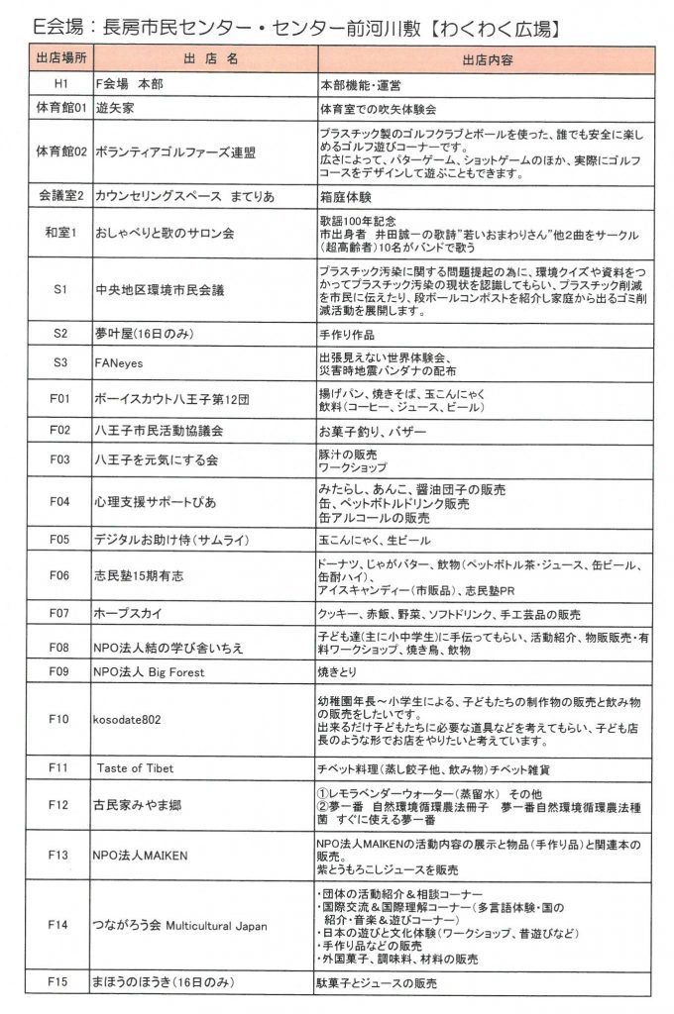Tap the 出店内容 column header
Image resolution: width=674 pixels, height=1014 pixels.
point(487,58)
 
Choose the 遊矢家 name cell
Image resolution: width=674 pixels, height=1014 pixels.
point(113,106)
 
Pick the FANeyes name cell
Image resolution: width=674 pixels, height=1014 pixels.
point(119,362)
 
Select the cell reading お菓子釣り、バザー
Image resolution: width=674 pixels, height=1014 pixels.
point(359,431)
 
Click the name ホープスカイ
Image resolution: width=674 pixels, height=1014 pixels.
point(131,613)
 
